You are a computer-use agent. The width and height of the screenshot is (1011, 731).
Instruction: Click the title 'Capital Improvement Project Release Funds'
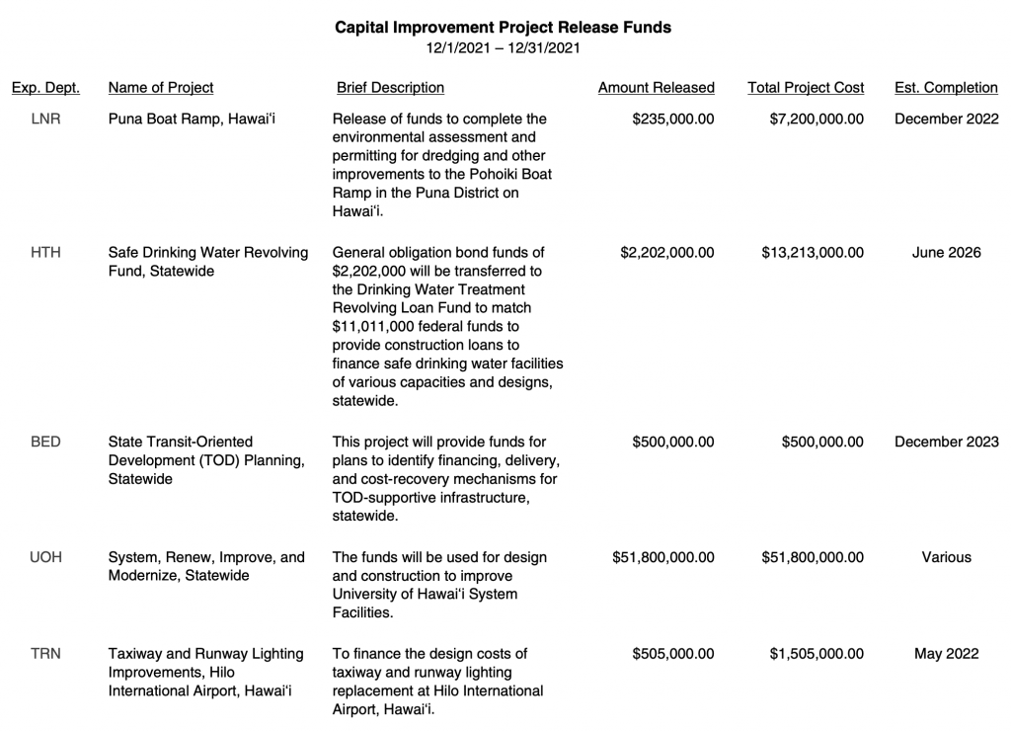pyautogui.click(x=503, y=28)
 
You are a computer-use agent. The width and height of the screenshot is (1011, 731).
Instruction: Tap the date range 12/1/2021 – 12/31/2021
pyautogui.click(x=503, y=47)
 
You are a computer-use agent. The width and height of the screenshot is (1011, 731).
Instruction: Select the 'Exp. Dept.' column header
pyautogui.click(x=45, y=88)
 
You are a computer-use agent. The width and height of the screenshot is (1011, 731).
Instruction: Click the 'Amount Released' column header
pyautogui.click(x=656, y=88)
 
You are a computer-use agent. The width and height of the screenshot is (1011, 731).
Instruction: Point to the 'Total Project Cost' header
pyautogui.click(x=806, y=88)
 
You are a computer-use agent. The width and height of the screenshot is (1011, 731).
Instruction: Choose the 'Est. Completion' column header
pyautogui.click(x=946, y=88)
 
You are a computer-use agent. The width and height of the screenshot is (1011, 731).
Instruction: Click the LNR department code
pyautogui.click(x=45, y=120)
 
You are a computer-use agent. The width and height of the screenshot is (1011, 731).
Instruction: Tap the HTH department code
pyautogui.click(x=45, y=253)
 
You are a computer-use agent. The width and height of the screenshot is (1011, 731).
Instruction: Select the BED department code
pyautogui.click(x=45, y=442)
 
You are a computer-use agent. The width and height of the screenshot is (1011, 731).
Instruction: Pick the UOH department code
pyautogui.click(x=45, y=557)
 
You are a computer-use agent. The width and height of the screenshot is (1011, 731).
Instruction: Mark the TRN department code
pyautogui.click(x=45, y=654)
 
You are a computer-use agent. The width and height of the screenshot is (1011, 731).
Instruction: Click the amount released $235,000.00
pyautogui.click(x=673, y=120)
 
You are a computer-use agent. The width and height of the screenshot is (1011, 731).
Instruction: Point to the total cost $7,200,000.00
pyautogui.click(x=817, y=120)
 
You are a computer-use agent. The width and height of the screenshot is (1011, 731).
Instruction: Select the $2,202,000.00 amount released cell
pyautogui.click(x=667, y=253)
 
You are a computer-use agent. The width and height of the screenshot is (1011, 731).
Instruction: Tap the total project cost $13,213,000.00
pyautogui.click(x=813, y=253)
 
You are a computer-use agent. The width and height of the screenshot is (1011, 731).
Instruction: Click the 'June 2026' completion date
pyautogui.click(x=946, y=253)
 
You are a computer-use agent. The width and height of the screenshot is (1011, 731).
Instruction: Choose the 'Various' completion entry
pyautogui.click(x=946, y=557)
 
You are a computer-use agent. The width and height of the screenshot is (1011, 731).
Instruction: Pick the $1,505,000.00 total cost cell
pyautogui.click(x=817, y=654)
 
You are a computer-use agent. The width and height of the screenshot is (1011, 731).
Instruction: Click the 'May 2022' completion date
pyautogui.click(x=946, y=654)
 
